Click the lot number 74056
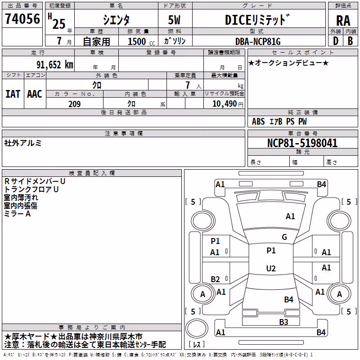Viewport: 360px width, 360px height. tap(22, 18)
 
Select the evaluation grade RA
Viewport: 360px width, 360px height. tap(343, 21)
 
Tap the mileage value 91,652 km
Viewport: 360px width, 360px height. tap(54, 65)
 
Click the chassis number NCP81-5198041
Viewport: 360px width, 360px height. tap(302, 143)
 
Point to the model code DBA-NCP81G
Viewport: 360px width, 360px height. tap(258, 41)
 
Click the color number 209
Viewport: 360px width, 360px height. tap(74, 104)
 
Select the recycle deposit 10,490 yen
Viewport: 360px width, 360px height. tap(228, 104)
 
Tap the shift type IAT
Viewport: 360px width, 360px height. tap(13, 94)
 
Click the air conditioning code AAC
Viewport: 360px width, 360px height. tap(35, 94)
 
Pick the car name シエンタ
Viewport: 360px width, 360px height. tap(116, 20)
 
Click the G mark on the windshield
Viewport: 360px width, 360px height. tap(284, 237)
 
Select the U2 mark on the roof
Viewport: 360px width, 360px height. tap(271, 268)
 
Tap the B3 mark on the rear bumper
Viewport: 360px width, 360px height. tap(283, 322)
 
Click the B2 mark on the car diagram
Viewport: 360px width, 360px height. tap(215, 279)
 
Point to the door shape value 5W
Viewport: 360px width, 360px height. tap(174, 20)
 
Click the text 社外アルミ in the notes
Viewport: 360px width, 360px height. tap(23, 143)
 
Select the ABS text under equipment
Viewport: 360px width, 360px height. tap(258, 121)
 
